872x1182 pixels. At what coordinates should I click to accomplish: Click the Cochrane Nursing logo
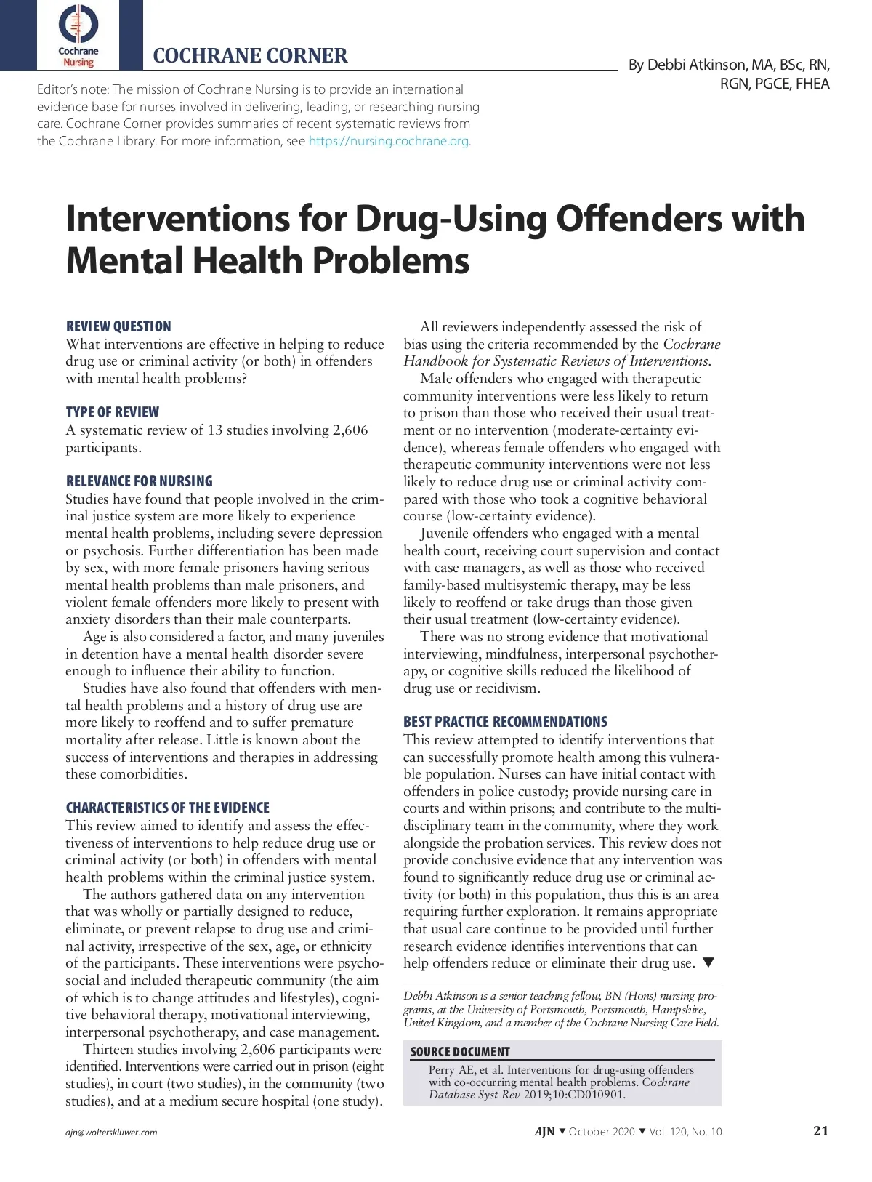(78, 35)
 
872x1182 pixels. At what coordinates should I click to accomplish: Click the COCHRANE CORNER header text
(250, 56)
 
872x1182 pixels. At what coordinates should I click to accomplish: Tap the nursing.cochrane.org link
(389, 141)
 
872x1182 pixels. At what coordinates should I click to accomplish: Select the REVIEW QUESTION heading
(118, 326)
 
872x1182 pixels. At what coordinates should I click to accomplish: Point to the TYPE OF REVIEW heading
(112, 412)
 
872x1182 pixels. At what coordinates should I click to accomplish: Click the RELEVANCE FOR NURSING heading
(139, 481)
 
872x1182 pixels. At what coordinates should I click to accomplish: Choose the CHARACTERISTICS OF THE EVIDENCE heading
(167, 808)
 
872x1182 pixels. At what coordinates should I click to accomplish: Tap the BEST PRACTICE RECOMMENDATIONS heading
(505, 722)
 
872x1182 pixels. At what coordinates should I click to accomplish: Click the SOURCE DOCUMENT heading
(460, 1052)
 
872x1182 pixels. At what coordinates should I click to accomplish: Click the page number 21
(820, 1130)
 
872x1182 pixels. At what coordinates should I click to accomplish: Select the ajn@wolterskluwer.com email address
(111, 1133)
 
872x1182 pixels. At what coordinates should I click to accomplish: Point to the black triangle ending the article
(709, 963)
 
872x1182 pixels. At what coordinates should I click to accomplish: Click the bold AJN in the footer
(544, 1131)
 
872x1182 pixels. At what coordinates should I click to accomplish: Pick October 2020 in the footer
(602, 1132)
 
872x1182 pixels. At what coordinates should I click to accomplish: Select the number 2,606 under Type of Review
(350, 430)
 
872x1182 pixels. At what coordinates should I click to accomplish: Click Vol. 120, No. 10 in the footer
(685, 1132)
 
